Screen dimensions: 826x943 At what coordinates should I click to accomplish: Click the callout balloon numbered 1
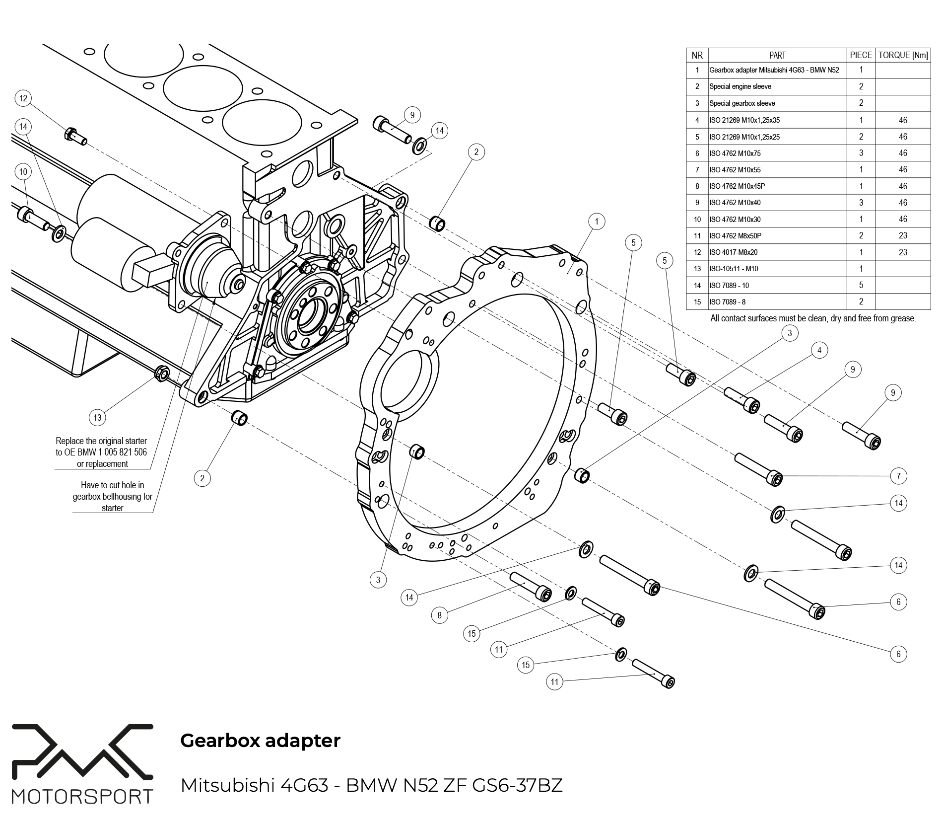pyautogui.click(x=597, y=222)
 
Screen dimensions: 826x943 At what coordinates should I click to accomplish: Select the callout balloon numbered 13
pyautogui.click(x=97, y=417)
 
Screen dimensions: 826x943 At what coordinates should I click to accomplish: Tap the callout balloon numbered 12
pyautogui.click(x=23, y=98)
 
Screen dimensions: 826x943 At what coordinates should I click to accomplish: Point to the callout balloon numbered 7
pyautogui.click(x=898, y=476)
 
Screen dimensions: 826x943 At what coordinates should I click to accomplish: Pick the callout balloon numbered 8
pyautogui.click(x=439, y=615)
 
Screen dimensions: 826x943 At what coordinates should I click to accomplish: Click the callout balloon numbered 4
pyautogui.click(x=819, y=350)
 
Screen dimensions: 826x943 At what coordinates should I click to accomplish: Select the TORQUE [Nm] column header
pyautogui.click(x=903, y=56)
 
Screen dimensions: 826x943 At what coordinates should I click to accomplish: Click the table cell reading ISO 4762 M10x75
pyautogui.click(x=735, y=153)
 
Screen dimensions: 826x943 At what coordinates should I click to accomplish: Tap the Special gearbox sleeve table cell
pyautogui.click(x=742, y=103)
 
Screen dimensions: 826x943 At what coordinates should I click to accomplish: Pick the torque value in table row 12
pyautogui.click(x=903, y=252)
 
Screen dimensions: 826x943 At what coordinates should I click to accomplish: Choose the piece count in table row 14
pyautogui.click(x=861, y=286)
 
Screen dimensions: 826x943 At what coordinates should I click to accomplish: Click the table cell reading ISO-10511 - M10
pyautogui.click(x=734, y=269)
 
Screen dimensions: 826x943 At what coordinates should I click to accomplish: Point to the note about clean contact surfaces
pyautogui.click(x=813, y=318)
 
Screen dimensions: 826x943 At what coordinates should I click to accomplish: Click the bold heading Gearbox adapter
pyautogui.click(x=260, y=741)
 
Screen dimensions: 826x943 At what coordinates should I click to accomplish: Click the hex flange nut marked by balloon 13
pyautogui.click(x=162, y=373)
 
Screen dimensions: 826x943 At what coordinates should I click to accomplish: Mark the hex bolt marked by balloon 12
pyautogui.click(x=75, y=136)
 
